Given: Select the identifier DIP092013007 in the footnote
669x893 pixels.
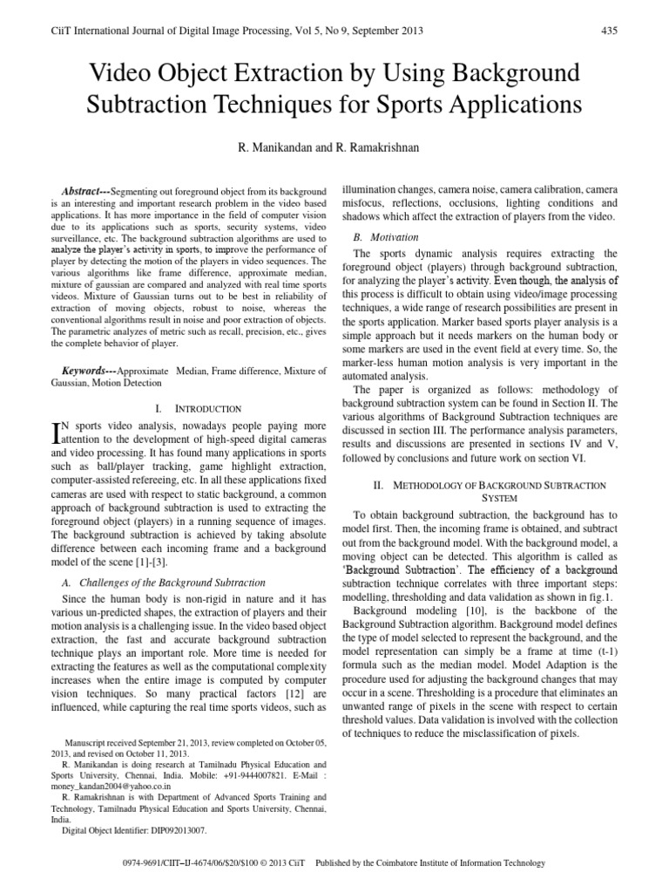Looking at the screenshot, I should pyautogui.click(x=173, y=831).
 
